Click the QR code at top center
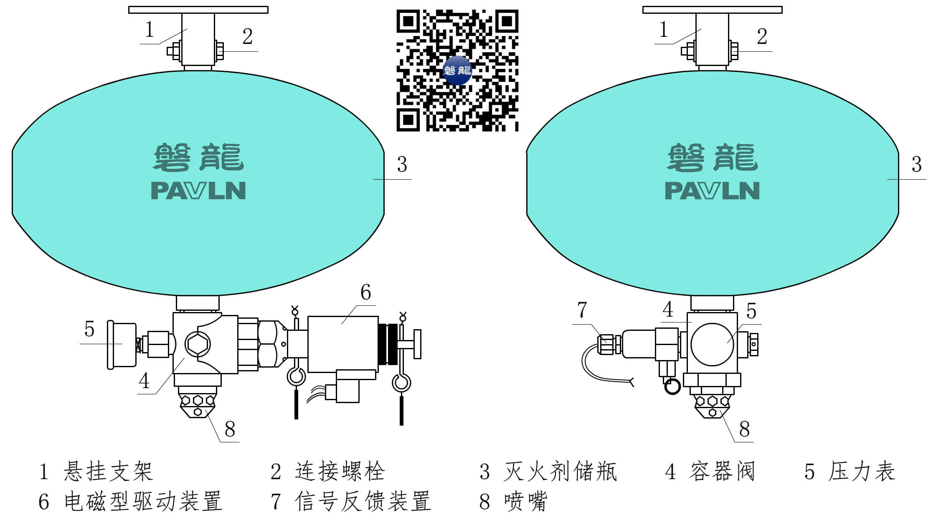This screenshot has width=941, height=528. click(x=457, y=70)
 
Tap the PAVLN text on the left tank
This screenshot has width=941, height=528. click(x=198, y=190)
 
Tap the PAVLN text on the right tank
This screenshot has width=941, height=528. click(x=712, y=190)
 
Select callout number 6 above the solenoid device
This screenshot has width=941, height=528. click(x=365, y=292)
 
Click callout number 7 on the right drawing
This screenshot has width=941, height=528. click(x=582, y=310)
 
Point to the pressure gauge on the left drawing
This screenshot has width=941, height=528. click(x=122, y=344)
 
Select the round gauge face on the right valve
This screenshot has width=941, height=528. click(x=712, y=344)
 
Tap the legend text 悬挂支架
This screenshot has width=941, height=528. click(x=108, y=472)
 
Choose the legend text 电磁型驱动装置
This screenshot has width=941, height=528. click(x=143, y=501)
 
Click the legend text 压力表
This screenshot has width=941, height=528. click(x=861, y=472)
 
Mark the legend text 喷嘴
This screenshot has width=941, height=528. click(x=525, y=501)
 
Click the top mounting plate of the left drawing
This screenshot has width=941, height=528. click(x=198, y=10)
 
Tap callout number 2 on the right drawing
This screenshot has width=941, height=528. click(x=762, y=37)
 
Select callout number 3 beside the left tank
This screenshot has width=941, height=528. click(x=402, y=165)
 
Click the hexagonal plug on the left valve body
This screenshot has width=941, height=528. click(x=198, y=344)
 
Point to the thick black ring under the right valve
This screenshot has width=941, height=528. click(x=672, y=386)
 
